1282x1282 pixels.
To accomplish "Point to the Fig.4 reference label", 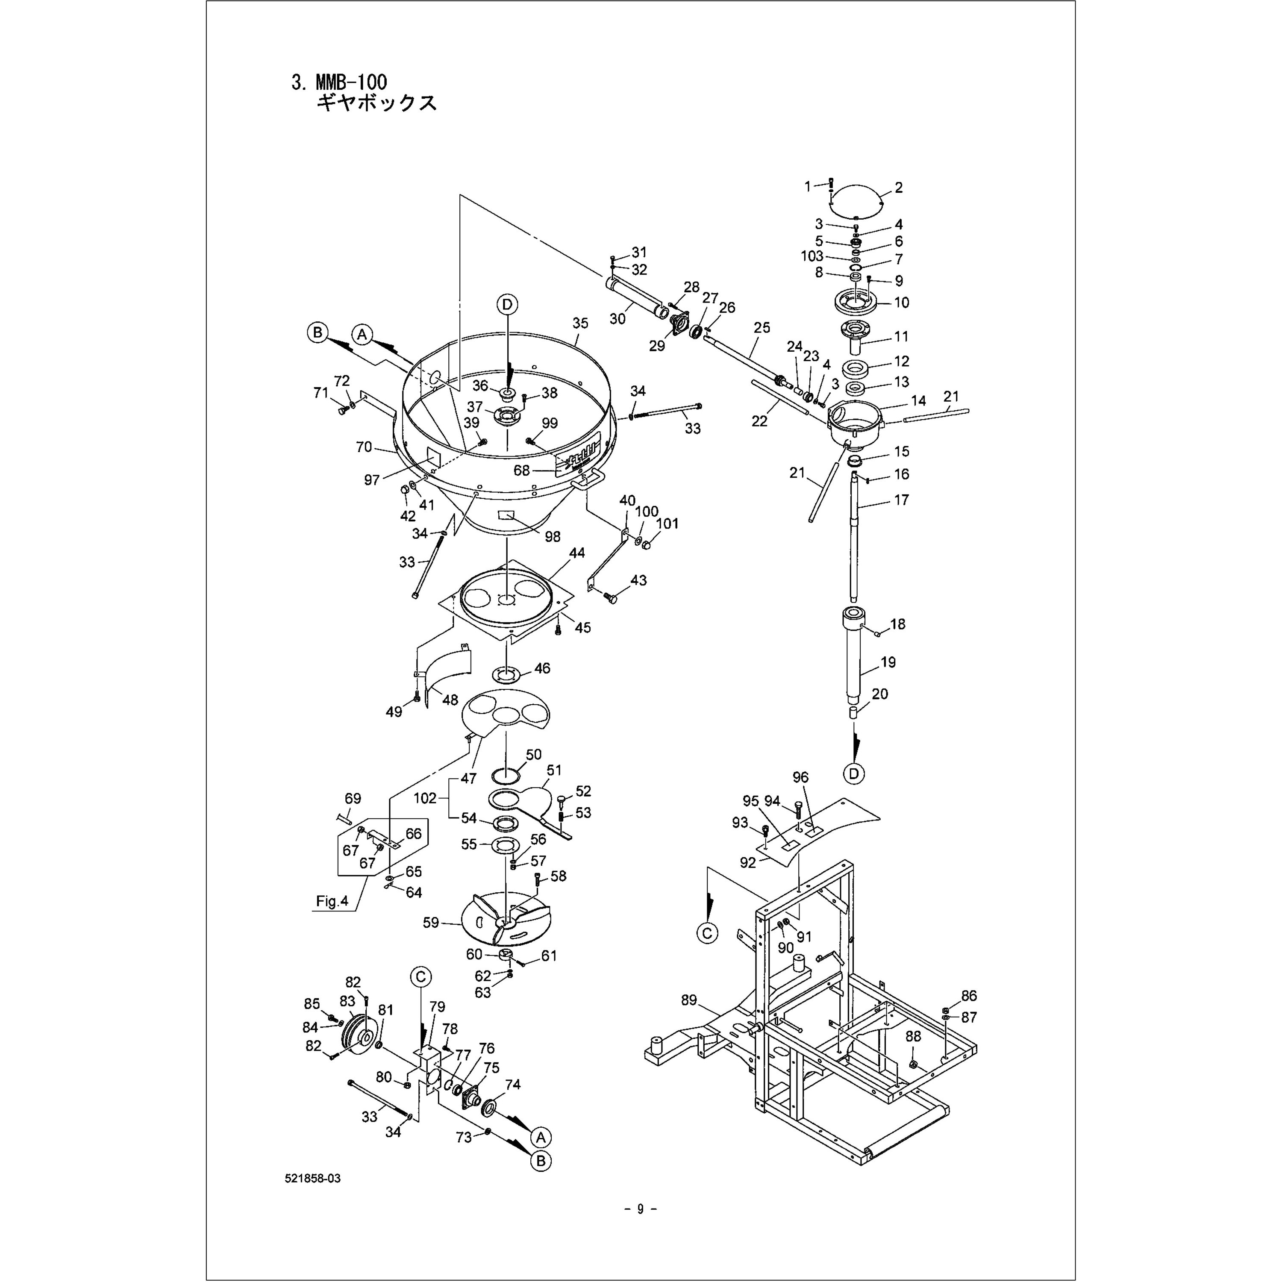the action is click(x=332, y=902).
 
